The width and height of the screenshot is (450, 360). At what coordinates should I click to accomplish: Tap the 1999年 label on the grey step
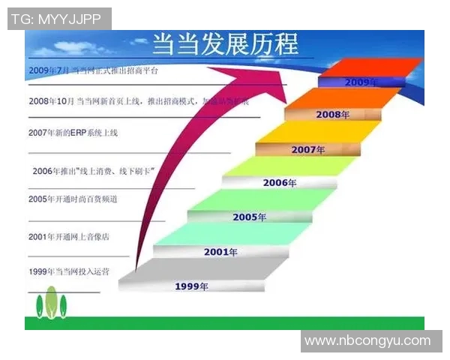click(191, 286)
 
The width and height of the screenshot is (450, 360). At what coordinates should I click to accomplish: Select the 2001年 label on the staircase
click(220, 252)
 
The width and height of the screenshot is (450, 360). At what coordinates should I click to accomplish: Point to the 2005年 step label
click(249, 217)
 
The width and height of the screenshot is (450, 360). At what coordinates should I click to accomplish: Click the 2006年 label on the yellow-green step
click(280, 182)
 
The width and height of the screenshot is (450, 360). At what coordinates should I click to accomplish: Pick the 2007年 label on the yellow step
click(307, 149)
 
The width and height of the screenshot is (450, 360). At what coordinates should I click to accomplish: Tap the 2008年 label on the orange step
click(333, 115)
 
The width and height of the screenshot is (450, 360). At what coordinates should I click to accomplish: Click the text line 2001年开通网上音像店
click(69, 236)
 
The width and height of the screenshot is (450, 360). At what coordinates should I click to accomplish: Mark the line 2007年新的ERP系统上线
click(73, 133)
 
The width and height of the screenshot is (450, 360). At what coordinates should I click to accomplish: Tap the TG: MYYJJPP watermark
click(58, 19)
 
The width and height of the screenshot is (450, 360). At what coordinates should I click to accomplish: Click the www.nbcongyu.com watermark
click(367, 340)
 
